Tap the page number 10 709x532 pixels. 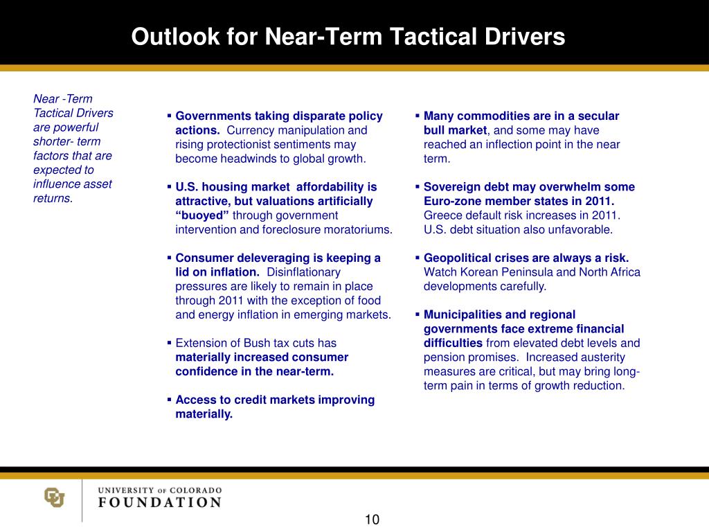tap(372, 520)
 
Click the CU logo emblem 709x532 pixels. tap(54, 497)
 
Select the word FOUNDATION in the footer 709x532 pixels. tap(160, 502)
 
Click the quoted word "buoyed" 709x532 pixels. tap(202, 215)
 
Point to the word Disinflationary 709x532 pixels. tap(303, 272)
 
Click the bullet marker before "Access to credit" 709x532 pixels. tap(169, 400)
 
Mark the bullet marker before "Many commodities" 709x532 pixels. tap(417, 116)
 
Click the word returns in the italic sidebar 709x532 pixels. tap(51, 198)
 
